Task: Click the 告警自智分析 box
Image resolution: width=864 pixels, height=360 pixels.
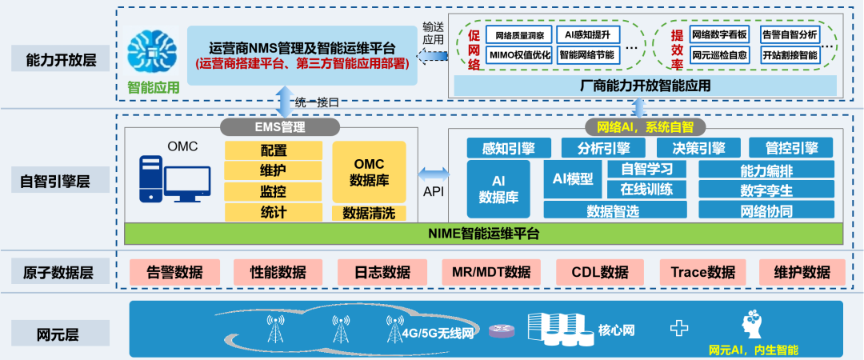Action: (789, 34)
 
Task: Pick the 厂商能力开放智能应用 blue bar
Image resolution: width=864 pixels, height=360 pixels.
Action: (645, 85)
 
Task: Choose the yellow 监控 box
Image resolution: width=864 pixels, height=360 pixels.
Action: (274, 192)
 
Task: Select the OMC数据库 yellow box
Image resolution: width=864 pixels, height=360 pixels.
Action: (370, 172)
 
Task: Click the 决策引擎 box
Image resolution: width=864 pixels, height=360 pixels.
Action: (691, 148)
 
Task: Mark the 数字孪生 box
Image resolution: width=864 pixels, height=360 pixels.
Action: (766, 190)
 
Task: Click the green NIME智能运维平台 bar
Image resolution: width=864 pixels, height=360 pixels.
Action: (484, 234)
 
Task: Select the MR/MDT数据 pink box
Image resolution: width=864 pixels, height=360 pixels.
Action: (491, 272)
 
